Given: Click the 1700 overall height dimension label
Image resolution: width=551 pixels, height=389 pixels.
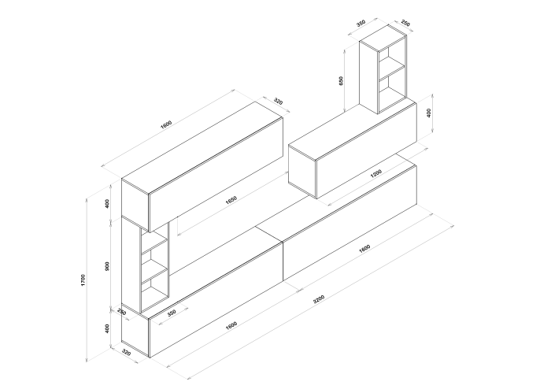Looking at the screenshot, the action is (x=83, y=280).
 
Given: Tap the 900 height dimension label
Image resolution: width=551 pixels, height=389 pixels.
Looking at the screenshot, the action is (x=108, y=266).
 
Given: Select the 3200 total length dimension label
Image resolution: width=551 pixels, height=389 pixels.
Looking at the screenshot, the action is (x=319, y=299).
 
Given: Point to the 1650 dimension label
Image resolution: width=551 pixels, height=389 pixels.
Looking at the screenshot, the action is (x=231, y=199).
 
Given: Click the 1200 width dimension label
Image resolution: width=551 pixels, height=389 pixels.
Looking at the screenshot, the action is (x=376, y=173).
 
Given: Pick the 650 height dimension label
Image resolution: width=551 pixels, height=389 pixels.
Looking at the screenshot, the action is (x=341, y=81).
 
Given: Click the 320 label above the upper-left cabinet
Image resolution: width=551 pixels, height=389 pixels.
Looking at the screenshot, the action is (x=278, y=102).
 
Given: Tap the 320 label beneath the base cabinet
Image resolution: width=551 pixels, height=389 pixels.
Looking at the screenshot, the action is (x=126, y=352).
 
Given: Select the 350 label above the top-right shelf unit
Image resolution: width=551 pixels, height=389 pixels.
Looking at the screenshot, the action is (x=361, y=23).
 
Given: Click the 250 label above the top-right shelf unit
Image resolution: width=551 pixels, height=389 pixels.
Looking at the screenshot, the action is (x=405, y=23).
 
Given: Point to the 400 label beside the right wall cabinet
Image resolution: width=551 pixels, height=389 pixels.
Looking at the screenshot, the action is (x=428, y=113).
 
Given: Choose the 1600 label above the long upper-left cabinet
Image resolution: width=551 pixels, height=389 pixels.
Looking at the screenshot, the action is (x=166, y=124).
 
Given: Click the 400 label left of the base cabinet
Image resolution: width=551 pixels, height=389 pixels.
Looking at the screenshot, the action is (x=108, y=328).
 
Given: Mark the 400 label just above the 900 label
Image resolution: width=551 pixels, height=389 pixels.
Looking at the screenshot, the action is (x=108, y=203).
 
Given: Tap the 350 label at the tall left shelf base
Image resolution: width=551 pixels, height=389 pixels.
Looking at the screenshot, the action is (x=171, y=313).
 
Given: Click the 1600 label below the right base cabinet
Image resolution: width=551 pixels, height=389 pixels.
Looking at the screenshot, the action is (x=364, y=249).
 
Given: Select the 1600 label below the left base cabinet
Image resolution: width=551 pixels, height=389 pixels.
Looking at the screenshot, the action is (x=231, y=325).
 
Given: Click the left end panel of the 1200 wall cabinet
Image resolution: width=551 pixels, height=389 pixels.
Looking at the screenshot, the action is (x=302, y=172).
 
